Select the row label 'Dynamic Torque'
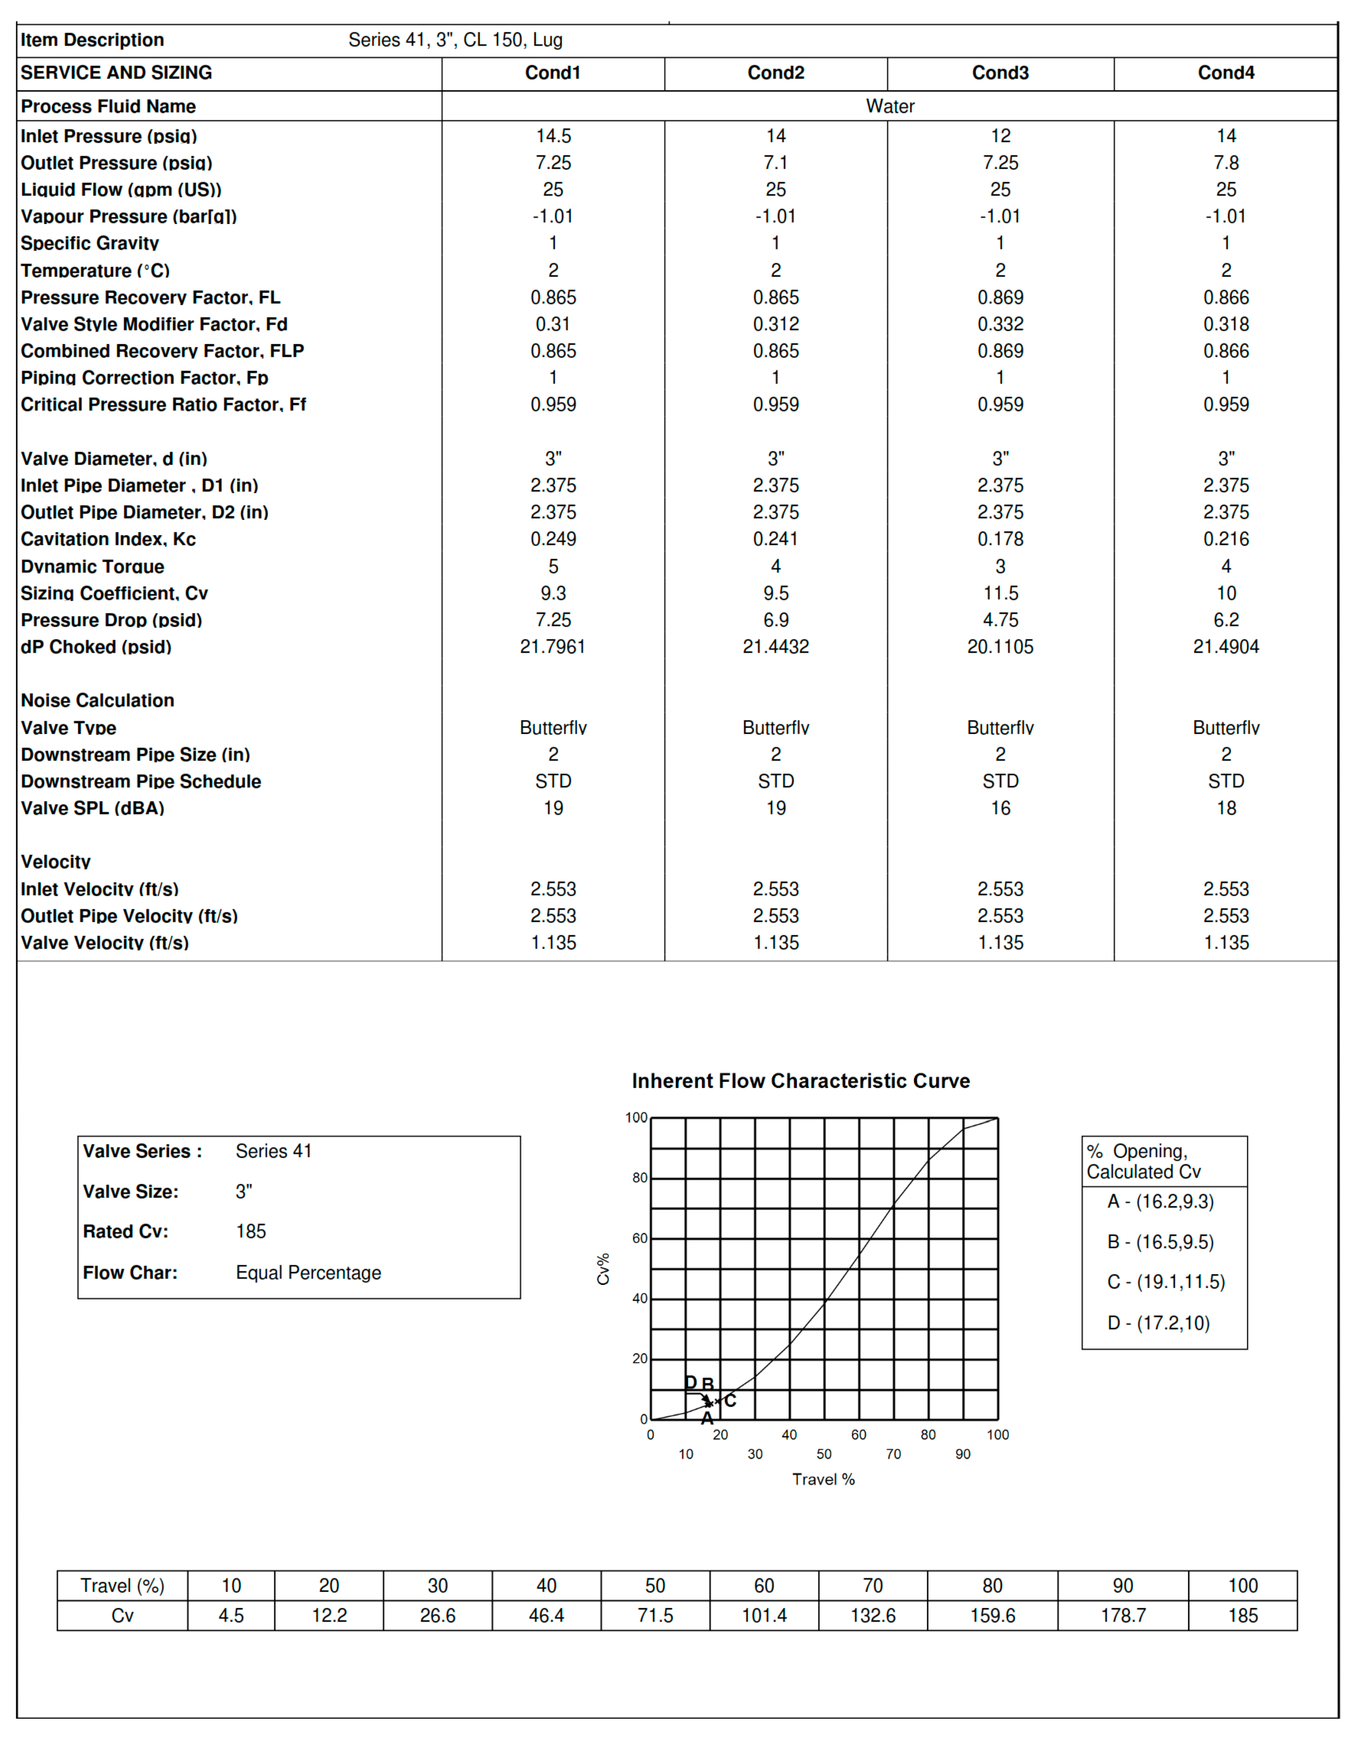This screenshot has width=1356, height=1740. [x=92, y=567]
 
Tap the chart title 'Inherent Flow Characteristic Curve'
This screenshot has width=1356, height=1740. [x=800, y=1081]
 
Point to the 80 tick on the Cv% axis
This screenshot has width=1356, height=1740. [x=639, y=1178]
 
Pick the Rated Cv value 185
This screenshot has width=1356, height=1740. [x=251, y=1232]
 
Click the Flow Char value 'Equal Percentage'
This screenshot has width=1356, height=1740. [x=308, y=1273]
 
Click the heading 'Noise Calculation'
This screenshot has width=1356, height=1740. [x=97, y=701]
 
